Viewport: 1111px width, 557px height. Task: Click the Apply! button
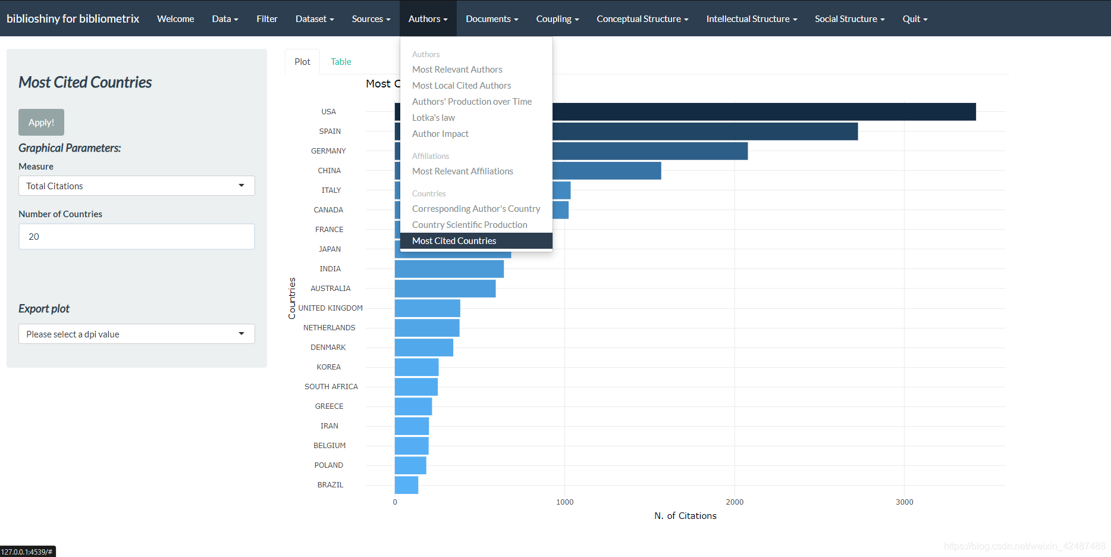(41, 123)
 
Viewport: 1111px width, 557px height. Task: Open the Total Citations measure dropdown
(136, 186)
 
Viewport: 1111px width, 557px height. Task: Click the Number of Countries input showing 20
(136, 237)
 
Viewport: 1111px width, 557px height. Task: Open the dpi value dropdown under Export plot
(136, 334)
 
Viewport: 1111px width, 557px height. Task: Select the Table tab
(341, 62)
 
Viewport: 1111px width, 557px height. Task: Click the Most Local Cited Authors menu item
(462, 86)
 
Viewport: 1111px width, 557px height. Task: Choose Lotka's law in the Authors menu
(434, 118)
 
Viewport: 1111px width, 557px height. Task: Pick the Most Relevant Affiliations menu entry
(463, 171)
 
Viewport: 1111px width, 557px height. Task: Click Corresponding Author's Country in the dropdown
(476, 209)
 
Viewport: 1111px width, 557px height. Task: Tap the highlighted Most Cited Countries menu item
(454, 241)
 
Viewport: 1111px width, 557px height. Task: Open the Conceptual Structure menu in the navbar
(642, 19)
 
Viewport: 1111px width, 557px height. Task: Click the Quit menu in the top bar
(915, 19)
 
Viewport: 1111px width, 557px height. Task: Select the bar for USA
(761, 112)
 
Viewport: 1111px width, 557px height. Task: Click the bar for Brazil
(407, 485)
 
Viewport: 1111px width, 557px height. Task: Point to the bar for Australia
(445, 289)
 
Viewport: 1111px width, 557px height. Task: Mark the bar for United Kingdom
(427, 308)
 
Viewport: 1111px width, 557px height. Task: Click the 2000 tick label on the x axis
(735, 502)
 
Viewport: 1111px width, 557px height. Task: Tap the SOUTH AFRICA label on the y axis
(331, 387)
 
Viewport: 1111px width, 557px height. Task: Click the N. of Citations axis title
(685, 516)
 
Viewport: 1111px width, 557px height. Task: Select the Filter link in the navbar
(267, 19)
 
